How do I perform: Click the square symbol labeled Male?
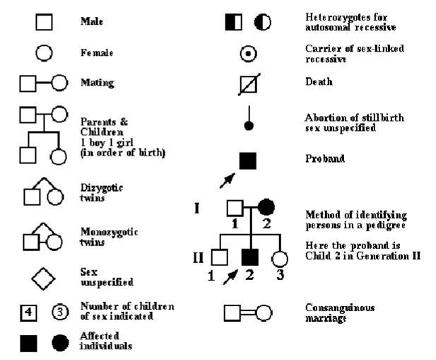pyautogui.click(x=45, y=23)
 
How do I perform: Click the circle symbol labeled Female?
pyautogui.click(x=45, y=52)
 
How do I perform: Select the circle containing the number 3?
pyautogui.click(x=60, y=311)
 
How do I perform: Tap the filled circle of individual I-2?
pyautogui.click(x=266, y=208)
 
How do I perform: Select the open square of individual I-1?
pyautogui.click(x=235, y=208)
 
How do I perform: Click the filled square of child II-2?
pyautogui.click(x=248, y=255)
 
